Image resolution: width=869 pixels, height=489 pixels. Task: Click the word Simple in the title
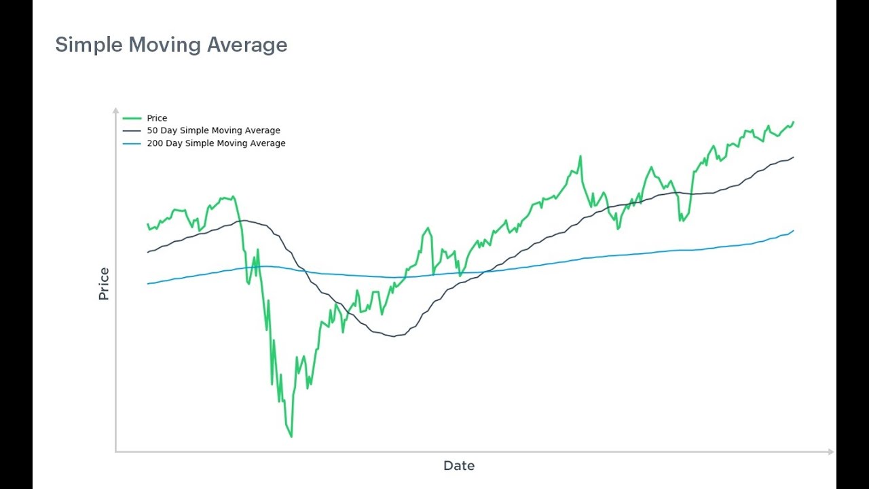click(x=89, y=45)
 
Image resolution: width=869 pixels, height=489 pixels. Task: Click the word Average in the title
click(x=247, y=45)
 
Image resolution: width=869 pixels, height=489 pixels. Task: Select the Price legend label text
click(x=157, y=118)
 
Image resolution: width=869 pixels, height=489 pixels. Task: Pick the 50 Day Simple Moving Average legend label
click(x=213, y=130)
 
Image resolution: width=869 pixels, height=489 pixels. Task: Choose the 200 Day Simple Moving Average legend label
click(x=216, y=143)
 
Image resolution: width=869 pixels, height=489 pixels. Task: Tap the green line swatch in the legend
click(x=132, y=118)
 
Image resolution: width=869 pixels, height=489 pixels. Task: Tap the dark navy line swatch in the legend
click(x=132, y=130)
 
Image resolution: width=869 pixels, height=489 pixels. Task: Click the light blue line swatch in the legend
click(x=132, y=143)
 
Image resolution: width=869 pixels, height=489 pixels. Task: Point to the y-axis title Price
click(x=104, y=284)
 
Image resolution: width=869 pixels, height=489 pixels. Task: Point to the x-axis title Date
click(x=459, y=466)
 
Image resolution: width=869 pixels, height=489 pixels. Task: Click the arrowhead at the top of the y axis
click(x=115, y=109)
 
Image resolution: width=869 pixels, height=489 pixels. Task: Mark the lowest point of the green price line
click(x=291, y=436)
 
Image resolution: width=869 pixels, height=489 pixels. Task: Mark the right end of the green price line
click(x=793, y=122)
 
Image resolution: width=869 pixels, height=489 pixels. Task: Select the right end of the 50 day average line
click(x=793, y=158)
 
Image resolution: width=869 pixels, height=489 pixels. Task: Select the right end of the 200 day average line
click(x=793, y=231)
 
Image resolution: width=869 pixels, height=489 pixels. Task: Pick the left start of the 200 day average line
click(x=148, y=283)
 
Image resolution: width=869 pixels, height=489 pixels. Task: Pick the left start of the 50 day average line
click(x=148, y=252)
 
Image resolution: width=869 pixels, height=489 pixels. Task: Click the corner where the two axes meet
click(x=116, y=451)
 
